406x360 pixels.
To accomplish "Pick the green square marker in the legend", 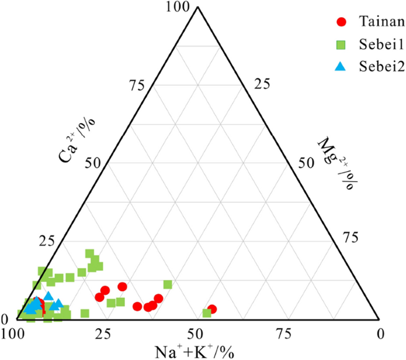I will tap(341, 44).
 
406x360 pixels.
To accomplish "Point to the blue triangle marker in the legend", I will tap(341, 66).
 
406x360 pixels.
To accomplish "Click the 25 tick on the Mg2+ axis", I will tap(261, 85).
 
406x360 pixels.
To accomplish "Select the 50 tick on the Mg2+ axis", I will tap(306, 163).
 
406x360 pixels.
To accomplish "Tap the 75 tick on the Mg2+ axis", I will tap(352, 238).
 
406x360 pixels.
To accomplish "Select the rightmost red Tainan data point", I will tap(212, 309).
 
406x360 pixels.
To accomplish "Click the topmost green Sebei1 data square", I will tap(89, 253).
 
